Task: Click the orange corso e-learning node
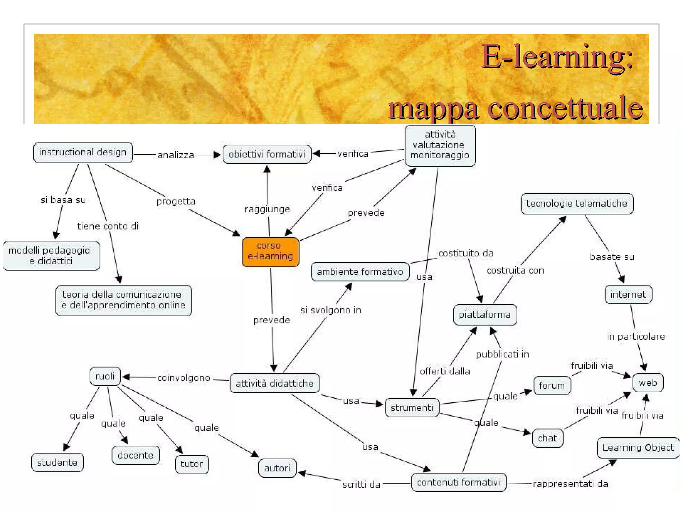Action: coord(270,252)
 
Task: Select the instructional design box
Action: coord(83,152)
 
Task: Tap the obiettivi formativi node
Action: coord(267,154)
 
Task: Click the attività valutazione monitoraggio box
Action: coord(440,145)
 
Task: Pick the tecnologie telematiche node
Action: coord(577,204)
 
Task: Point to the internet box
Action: coord(628,294)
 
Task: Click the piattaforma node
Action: coord(485,314)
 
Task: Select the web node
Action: coord(648,383)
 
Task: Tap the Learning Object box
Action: coord(638,448)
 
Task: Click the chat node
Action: coord(547,438)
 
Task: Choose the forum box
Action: coord(552,386)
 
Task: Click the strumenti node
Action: coord(412,407)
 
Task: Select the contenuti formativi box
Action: coord(458,482)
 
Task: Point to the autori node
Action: coord(277,468)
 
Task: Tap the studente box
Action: coord(57,462)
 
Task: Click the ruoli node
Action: coord(105,376)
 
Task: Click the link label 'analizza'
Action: coord(175,155)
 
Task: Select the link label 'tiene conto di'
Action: coord(108,226)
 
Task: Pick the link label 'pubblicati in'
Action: coord(502,354)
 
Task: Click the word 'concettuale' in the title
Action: coord(565,108)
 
